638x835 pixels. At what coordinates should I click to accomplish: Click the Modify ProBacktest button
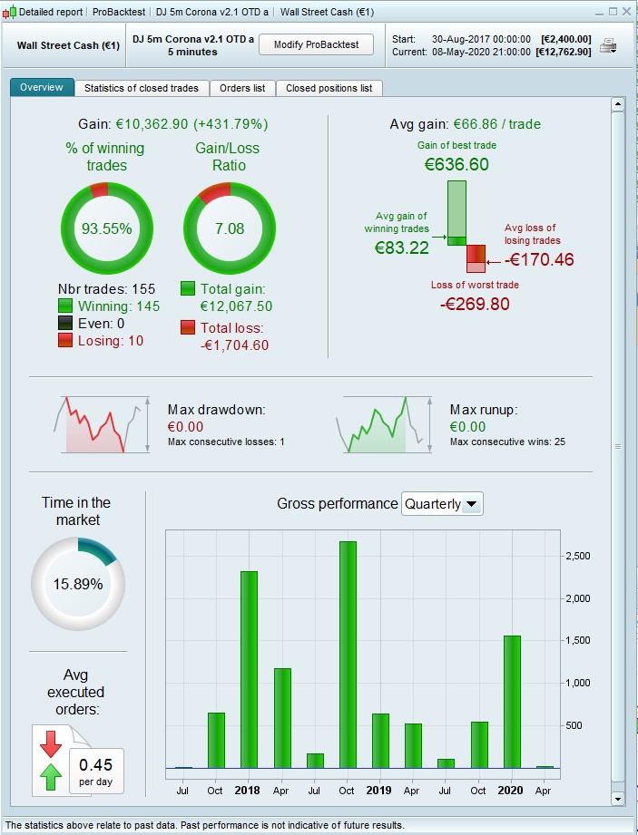coord(316,44)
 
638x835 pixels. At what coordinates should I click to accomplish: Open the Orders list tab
coord(242,88)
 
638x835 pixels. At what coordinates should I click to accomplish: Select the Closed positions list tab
coord(329,88)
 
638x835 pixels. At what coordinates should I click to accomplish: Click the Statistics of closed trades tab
coord(142,88)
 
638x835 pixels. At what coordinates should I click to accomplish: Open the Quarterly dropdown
coord(442,503)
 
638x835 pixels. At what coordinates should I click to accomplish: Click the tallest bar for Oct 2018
coord(347,655)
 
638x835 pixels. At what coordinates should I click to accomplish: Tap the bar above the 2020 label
coord(512,702)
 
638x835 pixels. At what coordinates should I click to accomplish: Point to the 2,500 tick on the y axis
coord(579,556)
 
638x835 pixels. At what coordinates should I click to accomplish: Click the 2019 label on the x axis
coord(378,790)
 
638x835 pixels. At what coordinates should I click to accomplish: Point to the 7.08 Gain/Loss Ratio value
coord(230,228)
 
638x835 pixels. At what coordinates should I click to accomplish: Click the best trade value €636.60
coord(456,164)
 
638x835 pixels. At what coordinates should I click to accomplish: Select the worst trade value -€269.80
coord(475,304)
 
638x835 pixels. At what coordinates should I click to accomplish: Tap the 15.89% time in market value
coord(77,585)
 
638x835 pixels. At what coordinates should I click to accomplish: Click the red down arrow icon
coord(51,743)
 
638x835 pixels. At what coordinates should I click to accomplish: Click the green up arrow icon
coord(51,776)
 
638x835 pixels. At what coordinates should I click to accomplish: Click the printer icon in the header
coord(608,45)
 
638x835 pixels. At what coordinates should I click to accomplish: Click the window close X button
coord(625,11)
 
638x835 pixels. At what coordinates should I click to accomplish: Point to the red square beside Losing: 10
coord(65,340)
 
